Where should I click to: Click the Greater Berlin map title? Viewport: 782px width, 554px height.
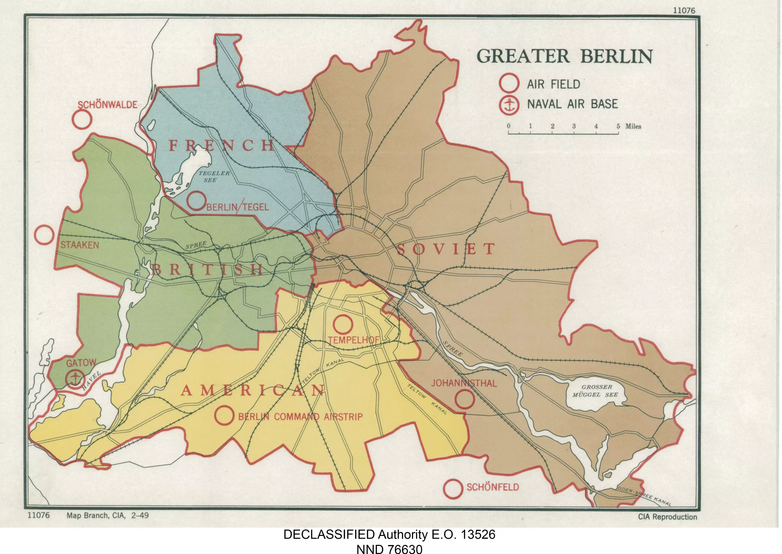[564, 56]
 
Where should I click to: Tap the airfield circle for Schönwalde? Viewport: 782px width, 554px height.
[82, 120]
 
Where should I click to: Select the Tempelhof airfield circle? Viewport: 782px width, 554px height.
[343, 324]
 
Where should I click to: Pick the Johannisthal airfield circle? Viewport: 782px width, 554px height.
[465, 399]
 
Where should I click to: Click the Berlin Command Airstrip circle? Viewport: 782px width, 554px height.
[224, 415]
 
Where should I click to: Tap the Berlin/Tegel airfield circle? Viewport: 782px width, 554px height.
[196, 201]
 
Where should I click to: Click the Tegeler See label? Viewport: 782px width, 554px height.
[214, 176]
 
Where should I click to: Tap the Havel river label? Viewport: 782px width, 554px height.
[91, 380]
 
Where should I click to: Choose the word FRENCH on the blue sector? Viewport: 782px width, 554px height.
[221, 146]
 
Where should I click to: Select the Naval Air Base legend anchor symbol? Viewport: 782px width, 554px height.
[509, 105]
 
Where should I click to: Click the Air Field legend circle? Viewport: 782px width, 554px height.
[509, 83]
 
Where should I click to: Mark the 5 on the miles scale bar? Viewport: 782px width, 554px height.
[618, 126]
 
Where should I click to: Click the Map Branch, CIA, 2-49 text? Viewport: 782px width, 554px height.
[107, 515]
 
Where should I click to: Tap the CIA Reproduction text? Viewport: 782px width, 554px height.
[668, 517]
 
